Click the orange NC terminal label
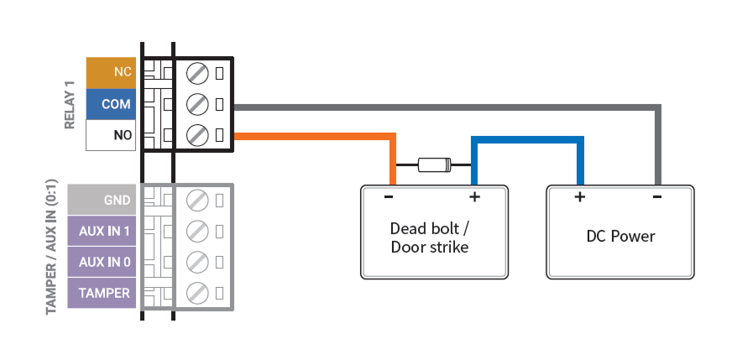coord(111,73)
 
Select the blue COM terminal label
coord(111,104)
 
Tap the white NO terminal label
coord(111,135)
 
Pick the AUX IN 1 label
coord(102,231)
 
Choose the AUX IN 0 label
coord(102,262)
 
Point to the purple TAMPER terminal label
coord(102,293)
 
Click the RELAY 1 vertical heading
coord(71,104)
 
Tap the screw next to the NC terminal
coord(197,73)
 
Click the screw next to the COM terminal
coord(197,104)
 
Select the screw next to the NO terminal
coord(197,135)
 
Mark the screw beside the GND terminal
coord(197,201)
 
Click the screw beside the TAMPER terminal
coord(197,293)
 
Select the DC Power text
coord(620,236)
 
